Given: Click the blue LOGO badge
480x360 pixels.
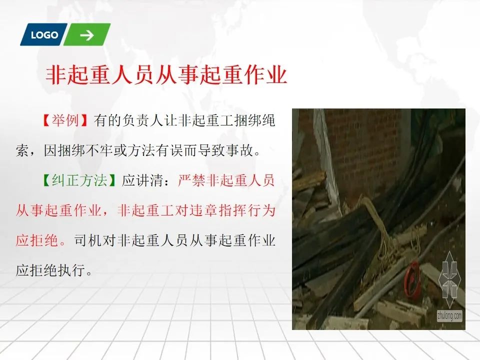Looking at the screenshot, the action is (x=44, y=34).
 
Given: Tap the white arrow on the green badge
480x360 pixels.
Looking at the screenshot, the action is (x=87, y=35).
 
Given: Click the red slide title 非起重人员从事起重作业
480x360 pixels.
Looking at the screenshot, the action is (x=166, y=74).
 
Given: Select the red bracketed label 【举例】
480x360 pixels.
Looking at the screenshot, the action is (x=65, y=120).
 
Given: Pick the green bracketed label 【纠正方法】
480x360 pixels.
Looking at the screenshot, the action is (x=79, y=180).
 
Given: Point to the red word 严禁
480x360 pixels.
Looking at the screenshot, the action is (x=191, y=180).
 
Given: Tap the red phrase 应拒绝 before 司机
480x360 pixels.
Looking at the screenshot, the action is (x=36, y=240).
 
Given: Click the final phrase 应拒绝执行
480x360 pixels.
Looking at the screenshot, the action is (x=50, y=270).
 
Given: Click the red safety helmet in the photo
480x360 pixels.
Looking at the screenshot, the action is (x=411, y=278).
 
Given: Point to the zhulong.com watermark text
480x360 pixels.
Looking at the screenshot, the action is (x=449, y=315).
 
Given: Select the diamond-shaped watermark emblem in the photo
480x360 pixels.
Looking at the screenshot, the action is (x=449, y=279).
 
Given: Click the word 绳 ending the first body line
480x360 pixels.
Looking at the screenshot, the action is (x=268, y=120).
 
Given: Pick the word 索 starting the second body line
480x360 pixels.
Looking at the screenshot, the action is (x=22, y=150).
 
